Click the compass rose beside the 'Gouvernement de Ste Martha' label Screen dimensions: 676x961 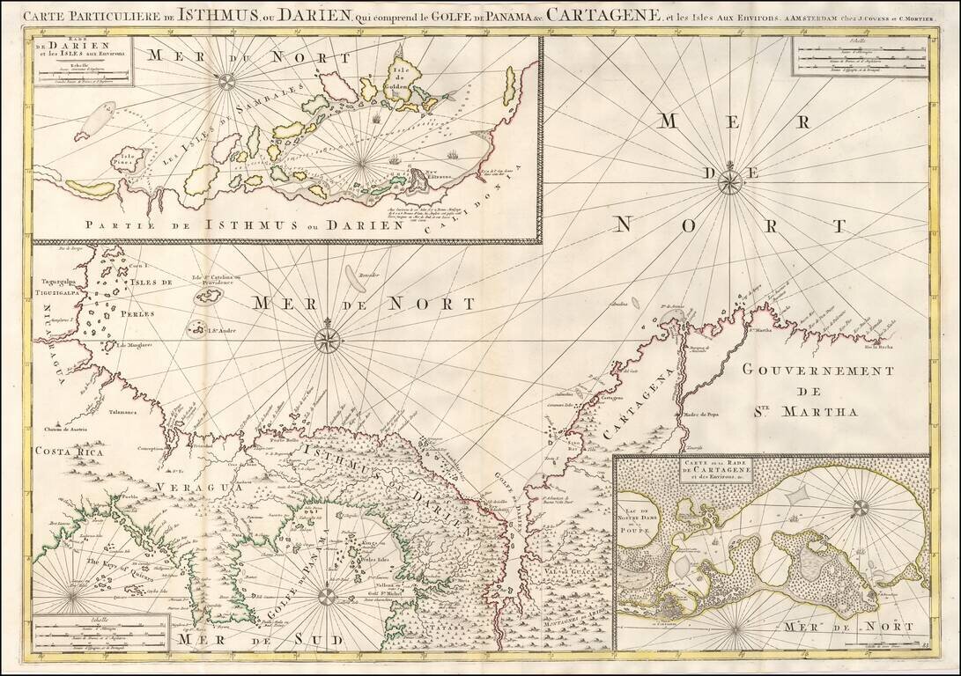[729, 182]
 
